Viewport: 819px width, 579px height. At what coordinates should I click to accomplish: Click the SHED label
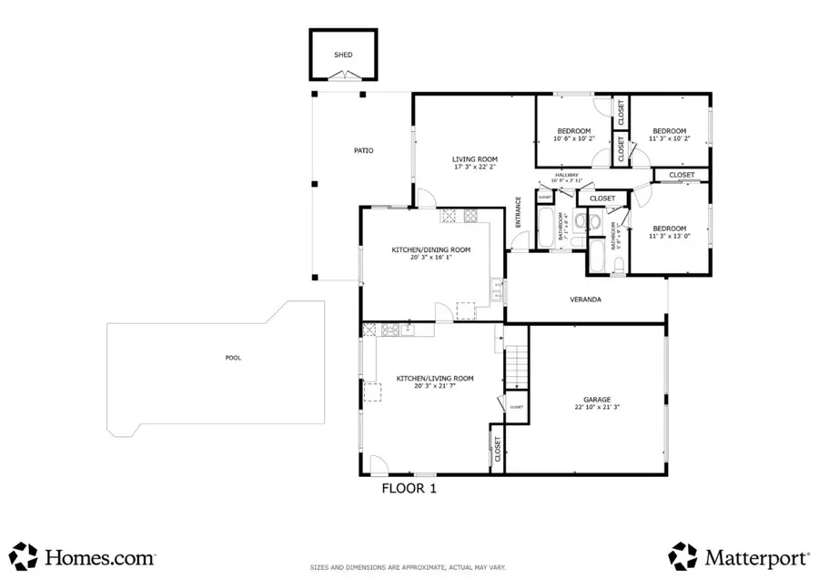tap(343, 55)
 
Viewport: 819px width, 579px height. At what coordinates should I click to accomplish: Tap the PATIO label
tap(364, 150)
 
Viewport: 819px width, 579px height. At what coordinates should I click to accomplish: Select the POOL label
tap(233, 358)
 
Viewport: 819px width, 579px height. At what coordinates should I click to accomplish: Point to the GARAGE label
tap(597, 400)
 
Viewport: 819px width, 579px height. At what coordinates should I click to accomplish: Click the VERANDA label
tap(585, 299)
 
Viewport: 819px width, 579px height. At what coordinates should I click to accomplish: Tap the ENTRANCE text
tap(519, 212)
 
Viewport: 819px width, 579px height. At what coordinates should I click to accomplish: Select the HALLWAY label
tap(568, 175)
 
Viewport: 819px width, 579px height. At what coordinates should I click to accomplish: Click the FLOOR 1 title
tap(409, 488)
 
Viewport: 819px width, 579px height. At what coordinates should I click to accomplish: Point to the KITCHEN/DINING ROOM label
tap(431, 249)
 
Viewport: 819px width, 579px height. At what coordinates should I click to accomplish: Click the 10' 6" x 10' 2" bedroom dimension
tap(573, 139)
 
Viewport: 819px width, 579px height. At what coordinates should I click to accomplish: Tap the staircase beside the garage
tap(517, 366)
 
